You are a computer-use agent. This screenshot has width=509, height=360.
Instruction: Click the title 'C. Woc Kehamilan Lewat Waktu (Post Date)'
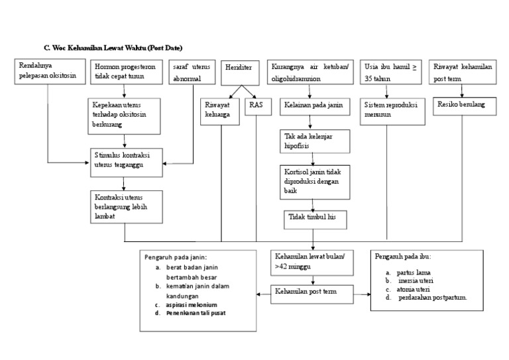(112, 48)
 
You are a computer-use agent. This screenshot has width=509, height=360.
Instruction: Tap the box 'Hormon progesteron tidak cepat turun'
(127, 72)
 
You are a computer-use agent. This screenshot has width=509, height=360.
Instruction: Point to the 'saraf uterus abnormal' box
(192, 72)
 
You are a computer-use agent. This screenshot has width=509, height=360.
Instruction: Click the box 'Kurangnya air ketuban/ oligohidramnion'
(311, 72)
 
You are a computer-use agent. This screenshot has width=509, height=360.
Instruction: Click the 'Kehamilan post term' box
(311, 292)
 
